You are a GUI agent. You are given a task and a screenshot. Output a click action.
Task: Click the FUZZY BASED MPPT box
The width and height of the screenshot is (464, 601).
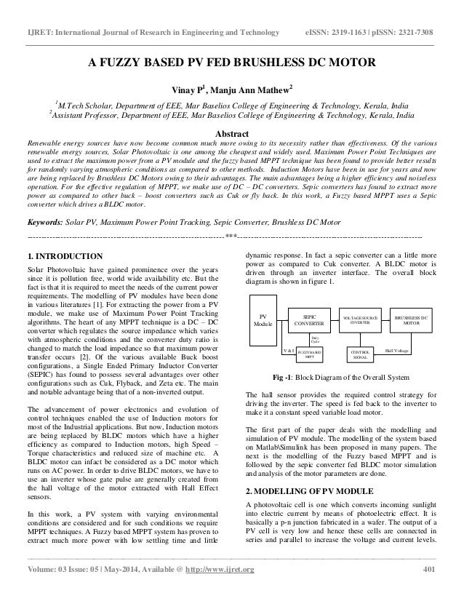[x=310, y=354]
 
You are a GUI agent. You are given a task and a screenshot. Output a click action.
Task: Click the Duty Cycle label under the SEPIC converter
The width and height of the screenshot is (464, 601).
[x=315, y=339]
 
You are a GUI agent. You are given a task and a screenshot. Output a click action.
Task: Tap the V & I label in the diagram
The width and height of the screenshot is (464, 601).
[x=288, y=351]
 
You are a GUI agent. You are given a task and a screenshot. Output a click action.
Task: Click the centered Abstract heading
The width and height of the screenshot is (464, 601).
[x=231, y=134]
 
